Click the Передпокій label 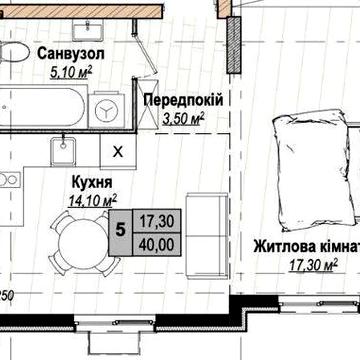(x=182, y=101)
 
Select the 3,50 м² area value (x=183, y=118)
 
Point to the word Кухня (x=91, y=182)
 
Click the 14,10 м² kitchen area (x=91, y=199)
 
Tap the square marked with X (x=118, y=152)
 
